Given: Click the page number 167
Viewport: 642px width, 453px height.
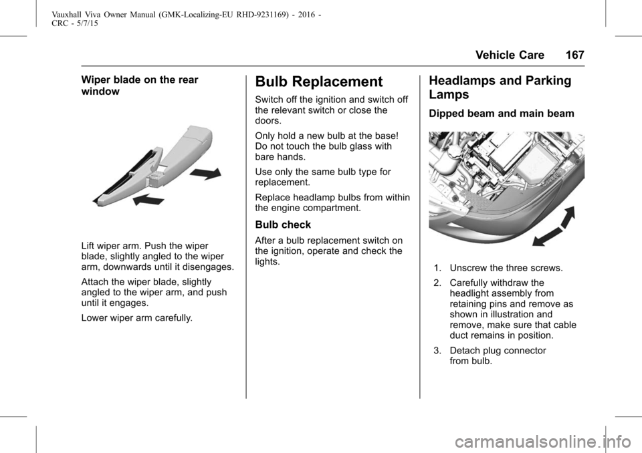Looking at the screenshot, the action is coord(575,55).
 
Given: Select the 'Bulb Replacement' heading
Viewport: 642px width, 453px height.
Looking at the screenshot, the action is coord(318,82).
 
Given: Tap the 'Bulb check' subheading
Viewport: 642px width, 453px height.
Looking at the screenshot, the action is coord(283,224).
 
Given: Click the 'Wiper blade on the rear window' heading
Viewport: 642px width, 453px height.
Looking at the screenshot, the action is coord(140,86).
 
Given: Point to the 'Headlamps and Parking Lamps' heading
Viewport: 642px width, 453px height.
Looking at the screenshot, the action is coord(500,87).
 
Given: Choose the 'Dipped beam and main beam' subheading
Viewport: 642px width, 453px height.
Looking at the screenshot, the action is coord(502,114).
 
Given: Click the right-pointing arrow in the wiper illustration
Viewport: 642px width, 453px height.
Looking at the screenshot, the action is coord(206,174).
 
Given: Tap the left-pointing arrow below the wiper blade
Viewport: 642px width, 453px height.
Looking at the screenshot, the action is coord(148,200).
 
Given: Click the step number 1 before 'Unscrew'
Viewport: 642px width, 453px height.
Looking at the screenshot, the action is coord(437,268).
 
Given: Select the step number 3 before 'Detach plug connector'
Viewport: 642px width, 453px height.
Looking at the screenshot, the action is coord(437,351).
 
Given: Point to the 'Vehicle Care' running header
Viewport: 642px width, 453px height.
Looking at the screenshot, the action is coord(510,55).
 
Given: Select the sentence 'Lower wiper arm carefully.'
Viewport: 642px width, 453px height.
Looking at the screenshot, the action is coord(136,318).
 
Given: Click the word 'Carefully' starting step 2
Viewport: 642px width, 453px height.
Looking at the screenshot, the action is coord(468,283).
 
